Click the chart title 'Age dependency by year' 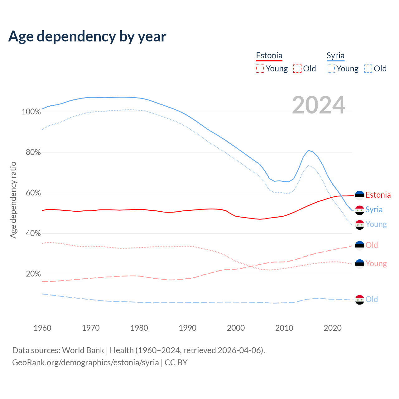[x=87, y=36]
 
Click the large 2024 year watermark [x=319, y=105]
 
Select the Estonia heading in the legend [x=269, y=55]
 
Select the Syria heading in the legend [x=335, y=55]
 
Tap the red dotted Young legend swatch [x=260, y=69]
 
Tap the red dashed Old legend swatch [x=297, y=69]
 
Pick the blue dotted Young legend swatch [x=330, y=69]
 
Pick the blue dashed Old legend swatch [x=368, y=69]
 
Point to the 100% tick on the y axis [x=31, y=112]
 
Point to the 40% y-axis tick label [x=33, y=233]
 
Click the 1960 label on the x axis [x=42, y=328]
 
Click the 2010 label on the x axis [x=284, y=328]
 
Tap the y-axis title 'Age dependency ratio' [x=13, y=200]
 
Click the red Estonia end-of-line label [x=378, y=195]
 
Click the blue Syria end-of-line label [x=374, y=210]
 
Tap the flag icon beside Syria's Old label [x=360, y=300]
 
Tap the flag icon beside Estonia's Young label [x=360, y=264]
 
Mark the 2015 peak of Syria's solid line [x=308, y=150]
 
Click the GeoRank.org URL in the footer [x=85, y=363]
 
